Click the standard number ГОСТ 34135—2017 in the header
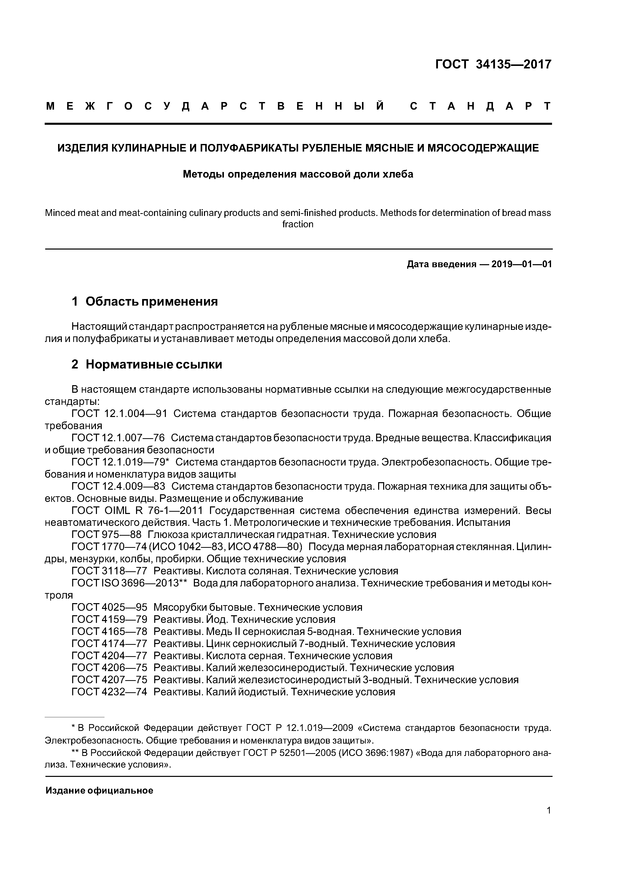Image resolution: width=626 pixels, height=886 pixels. [x=493, y=64]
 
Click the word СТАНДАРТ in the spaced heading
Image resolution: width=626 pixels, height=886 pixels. [x=481, y=106]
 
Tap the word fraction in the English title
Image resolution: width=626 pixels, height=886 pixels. [x=298, y=224]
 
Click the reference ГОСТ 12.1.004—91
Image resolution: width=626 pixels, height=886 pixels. [x=119, y=414]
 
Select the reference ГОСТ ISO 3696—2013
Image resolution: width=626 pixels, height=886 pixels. [x=129, y=583]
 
